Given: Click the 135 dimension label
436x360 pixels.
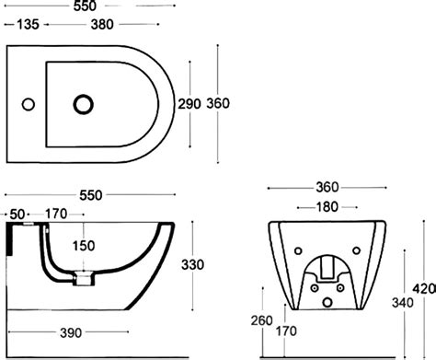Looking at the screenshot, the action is pos(28,24).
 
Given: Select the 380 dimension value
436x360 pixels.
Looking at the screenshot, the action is pos(102,24).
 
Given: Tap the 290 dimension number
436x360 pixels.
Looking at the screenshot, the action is pos(189,104).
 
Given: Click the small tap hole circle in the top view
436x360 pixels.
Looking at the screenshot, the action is pos(29,104).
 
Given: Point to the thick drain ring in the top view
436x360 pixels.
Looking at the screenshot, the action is pos(83,104).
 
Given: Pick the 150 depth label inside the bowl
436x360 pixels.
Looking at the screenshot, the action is pos(84,246).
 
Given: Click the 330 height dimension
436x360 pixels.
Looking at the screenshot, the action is pos(192,264).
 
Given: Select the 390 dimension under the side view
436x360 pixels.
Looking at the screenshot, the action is pos(71,332).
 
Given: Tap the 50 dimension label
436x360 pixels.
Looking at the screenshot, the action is pos(17,215).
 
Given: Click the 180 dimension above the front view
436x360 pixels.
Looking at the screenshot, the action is pos(327,207).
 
